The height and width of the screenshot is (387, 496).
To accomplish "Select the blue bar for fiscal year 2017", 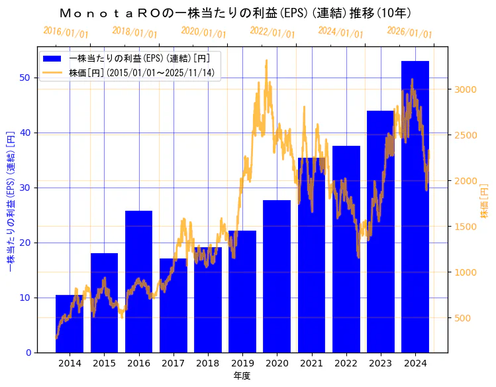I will [x=173, y=305].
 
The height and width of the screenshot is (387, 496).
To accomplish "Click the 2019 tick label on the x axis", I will [x=242, y=363].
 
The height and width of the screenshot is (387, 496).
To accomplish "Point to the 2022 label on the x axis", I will [x=346, y=363].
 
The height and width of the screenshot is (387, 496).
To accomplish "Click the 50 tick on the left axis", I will [x=25, y=78].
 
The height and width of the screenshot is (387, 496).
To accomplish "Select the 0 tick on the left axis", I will [x=28, y=353].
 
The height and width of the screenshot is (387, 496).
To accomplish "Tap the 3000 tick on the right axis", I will [x=466, y=89].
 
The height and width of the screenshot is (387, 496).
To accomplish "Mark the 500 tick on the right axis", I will [x=464, y=318].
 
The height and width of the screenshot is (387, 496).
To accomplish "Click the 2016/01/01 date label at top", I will [x=66, y=32].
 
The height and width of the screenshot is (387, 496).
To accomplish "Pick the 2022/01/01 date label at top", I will [x=273, y=32].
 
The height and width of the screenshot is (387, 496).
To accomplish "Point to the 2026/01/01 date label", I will [x=409, y=32].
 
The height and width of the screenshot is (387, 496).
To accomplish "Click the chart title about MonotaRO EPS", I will [x=235, y=13].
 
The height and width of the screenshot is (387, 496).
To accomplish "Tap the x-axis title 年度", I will [x=242, y=376].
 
